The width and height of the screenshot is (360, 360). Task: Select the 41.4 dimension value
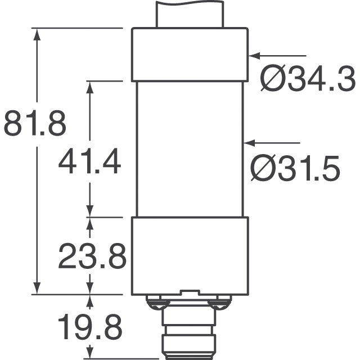point(89,161)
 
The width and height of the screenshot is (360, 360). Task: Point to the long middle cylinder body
point(190,149)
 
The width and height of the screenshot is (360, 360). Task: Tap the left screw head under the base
point(156,304)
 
